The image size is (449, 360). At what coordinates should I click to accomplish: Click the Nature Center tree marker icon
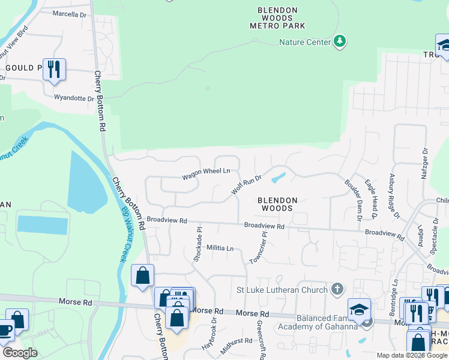pos(340,41)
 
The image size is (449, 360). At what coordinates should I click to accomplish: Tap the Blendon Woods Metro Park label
pos(278,18)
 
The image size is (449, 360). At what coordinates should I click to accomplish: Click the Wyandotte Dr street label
pos(74,98)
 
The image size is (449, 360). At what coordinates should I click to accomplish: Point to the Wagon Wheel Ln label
pos(206,171)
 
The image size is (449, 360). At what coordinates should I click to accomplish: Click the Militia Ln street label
pos(220,248)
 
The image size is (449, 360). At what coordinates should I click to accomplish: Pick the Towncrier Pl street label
pos(259,247)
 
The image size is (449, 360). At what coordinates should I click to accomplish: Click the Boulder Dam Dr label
pos(352,197)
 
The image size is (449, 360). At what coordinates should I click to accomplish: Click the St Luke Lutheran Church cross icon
pos(337,289)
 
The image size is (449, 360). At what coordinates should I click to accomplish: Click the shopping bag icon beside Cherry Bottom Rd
pos(143,275)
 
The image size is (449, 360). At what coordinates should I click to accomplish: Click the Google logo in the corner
pos(19,353)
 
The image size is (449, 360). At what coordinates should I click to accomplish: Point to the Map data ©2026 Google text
pos(412,355)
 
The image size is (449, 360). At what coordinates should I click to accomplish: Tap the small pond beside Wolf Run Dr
pos(278,178)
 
